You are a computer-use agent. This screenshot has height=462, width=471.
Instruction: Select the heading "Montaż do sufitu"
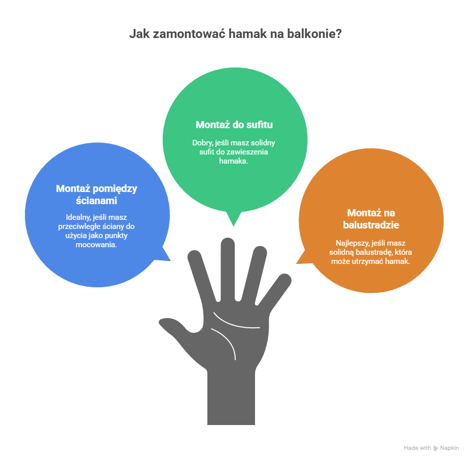(x=234, y=125)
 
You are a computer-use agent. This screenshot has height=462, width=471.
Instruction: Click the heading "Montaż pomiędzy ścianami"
(x=96, y=195)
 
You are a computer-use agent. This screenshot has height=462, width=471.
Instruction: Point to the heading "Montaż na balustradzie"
(x=371, y=219)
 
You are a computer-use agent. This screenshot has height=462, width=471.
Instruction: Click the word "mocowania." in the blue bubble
(x=96, y=245)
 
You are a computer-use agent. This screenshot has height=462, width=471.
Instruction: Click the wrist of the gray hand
(x=231, y=396)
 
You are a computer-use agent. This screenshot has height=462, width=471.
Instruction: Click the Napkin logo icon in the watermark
(x=436, y=448)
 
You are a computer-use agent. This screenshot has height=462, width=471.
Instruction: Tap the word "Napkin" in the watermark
(x=449, y=448)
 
